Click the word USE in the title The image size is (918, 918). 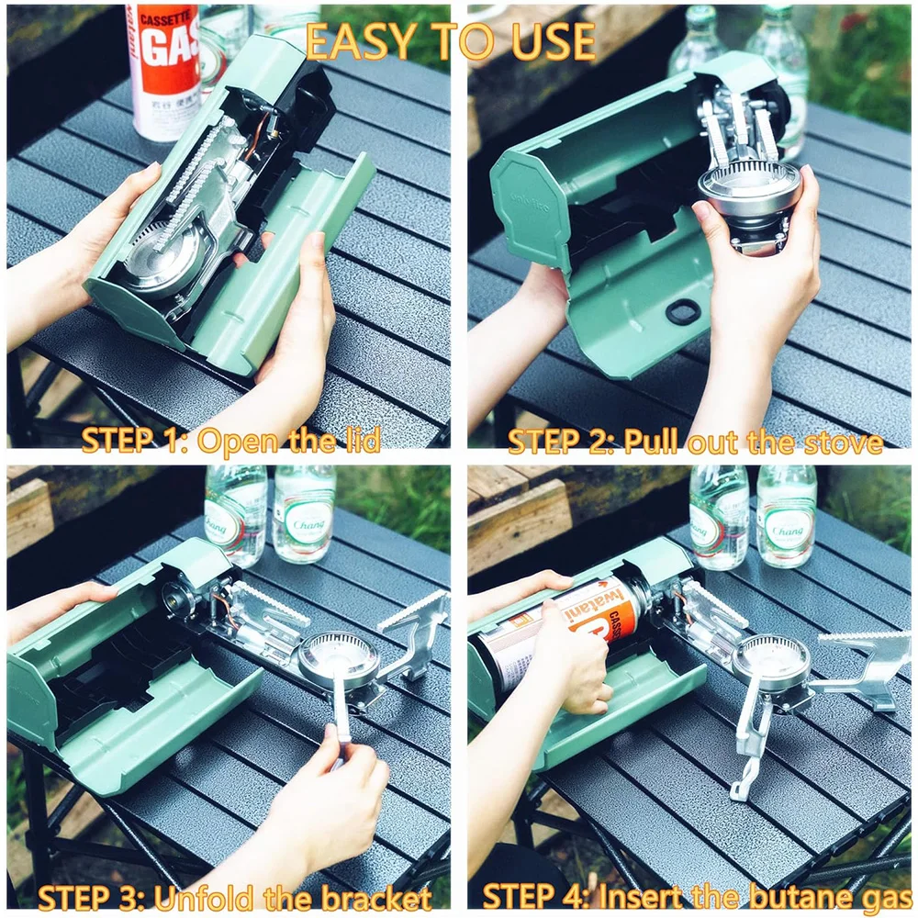552,41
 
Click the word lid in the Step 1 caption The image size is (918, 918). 357,442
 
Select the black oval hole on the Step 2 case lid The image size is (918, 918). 683,312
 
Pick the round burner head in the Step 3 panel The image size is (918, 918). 338,656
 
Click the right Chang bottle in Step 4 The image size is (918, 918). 786,519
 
